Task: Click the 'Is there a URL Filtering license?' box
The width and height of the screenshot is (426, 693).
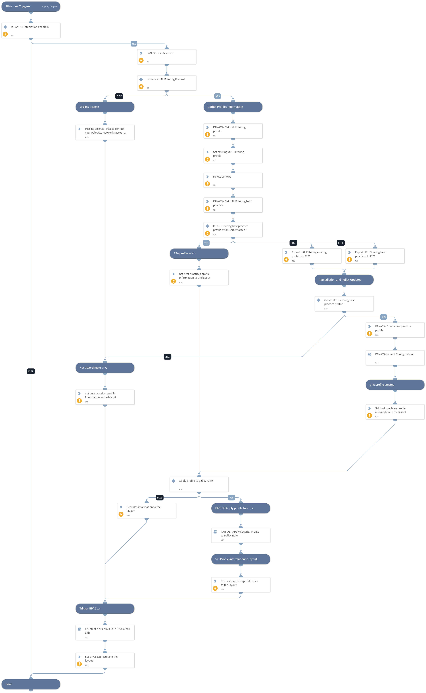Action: [x=167, y=83]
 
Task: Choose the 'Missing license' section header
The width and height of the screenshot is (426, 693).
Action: [x=105, y=107]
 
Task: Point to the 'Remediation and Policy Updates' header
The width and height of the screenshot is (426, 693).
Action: [x=344, y=280]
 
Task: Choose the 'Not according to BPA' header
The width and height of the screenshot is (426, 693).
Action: [x=105, y=368]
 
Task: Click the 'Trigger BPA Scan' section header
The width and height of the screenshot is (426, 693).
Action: [x=105, y=609]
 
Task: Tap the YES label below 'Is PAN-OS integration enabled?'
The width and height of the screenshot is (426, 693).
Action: [x=134, y=44]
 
